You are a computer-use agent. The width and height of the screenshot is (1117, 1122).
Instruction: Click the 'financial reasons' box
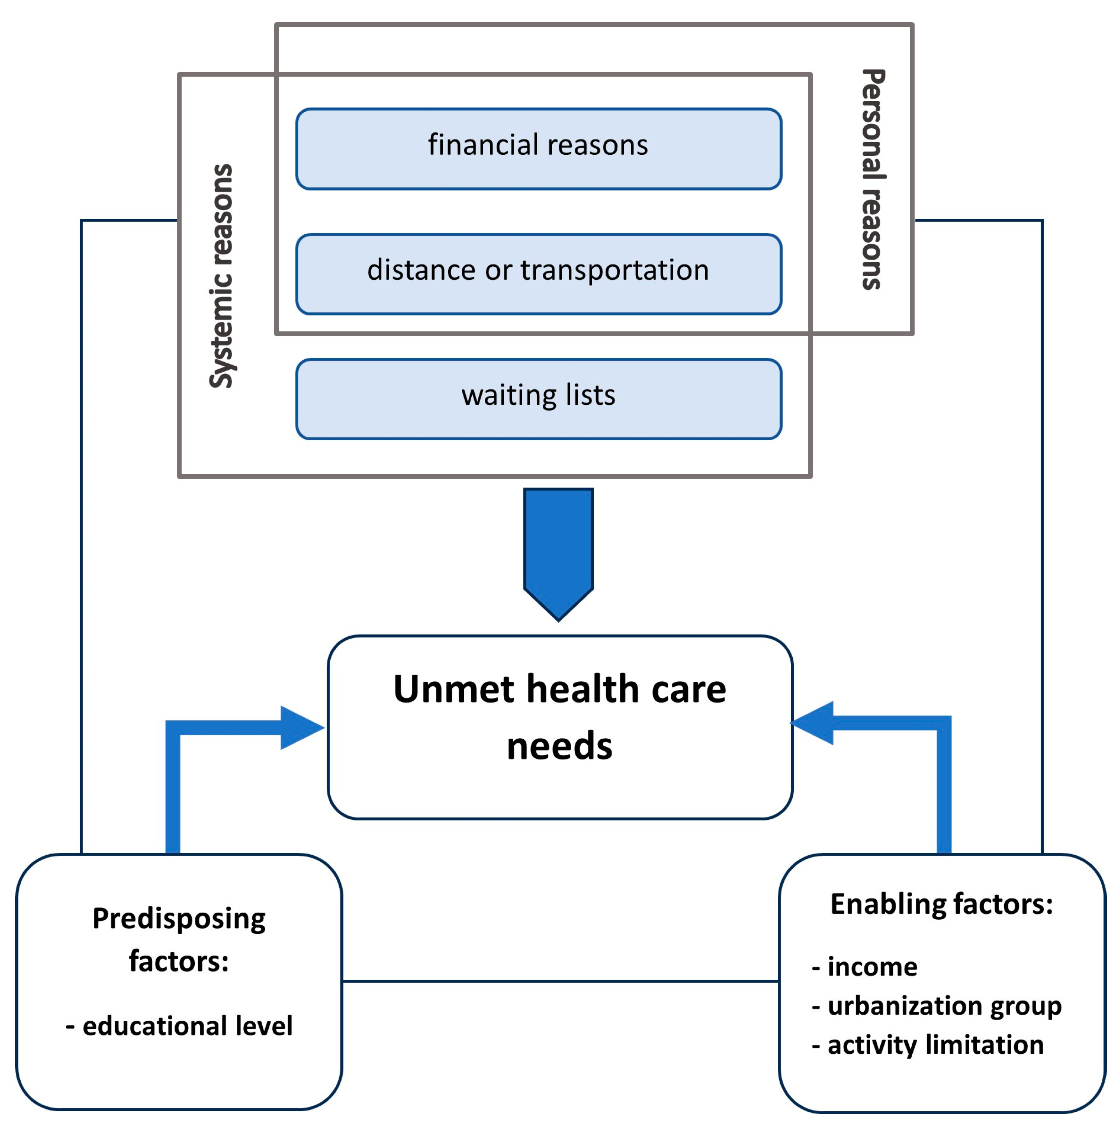click(x=538, y=149)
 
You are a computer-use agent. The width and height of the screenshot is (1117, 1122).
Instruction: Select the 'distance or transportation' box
click(x=538, y=274)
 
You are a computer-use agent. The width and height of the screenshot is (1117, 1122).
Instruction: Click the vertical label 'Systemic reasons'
click(x=221, y=276)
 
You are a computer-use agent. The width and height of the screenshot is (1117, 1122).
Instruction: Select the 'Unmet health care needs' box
click(x=560, y=784)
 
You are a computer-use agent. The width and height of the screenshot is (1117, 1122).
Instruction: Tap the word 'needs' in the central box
click(x=559, y=746)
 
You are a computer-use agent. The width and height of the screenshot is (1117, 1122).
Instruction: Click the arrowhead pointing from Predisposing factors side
click(x=301, y=728)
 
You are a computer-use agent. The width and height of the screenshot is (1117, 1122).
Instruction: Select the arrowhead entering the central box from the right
click(x=814, y=723)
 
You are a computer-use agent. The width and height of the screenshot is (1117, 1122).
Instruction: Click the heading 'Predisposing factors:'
click(x=179, y=939)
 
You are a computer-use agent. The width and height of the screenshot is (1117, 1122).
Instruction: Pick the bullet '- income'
click(x=864, y=966)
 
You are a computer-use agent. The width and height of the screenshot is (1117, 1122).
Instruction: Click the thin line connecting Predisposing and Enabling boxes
click(x=560, y=982)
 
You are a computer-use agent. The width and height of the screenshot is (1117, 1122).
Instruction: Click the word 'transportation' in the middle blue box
click(x=614, y=270)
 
